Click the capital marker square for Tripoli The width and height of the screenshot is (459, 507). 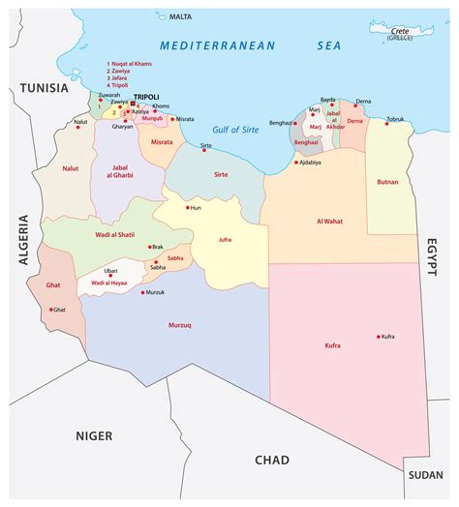tap(134, 104)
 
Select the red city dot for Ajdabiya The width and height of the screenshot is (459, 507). tap(296, 162)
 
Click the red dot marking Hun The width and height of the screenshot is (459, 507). tap(187, 207)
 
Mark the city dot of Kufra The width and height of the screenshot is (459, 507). tap(378, 336)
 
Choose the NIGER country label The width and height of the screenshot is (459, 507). tap(94, 435)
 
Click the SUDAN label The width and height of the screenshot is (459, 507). tap(425, 475)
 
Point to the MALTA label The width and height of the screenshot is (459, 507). tap(180, 16)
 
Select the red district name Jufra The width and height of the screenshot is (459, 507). tap(225, 238)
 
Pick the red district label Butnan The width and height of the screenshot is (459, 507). tap(387, 182)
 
